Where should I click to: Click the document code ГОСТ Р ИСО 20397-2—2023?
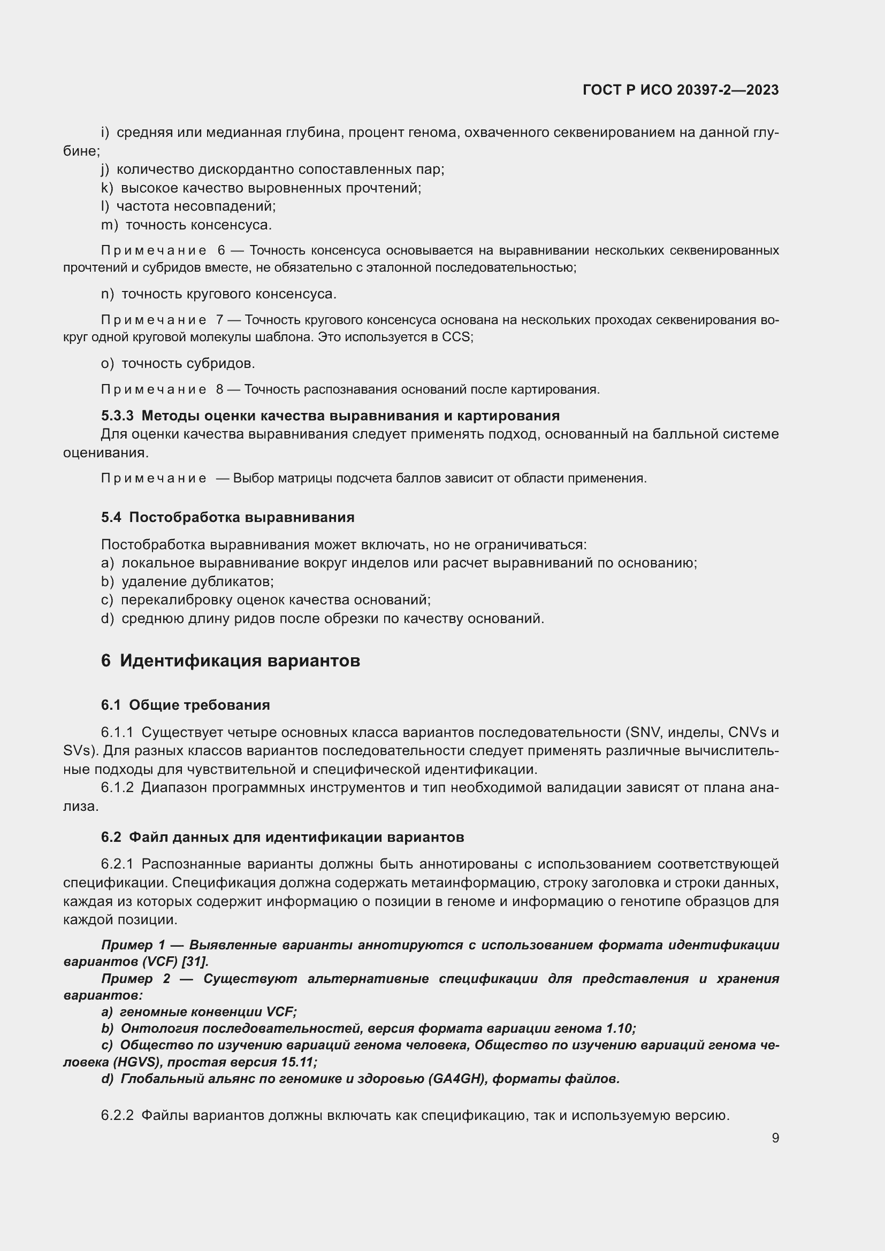point(680,90)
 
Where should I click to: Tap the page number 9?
point(775,1138)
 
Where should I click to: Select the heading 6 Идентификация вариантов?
point(230,661)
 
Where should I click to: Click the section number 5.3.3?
point(117,416)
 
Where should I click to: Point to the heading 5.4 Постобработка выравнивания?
point(227,517)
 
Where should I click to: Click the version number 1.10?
point(620,1028)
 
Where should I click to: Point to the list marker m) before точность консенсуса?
point(110,225)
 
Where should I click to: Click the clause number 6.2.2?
point(117,1115)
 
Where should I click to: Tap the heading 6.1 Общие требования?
point(185,704)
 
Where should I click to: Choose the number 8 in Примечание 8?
point(219,389)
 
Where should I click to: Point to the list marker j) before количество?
point(105,170)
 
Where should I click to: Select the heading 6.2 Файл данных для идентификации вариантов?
point(283,837)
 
